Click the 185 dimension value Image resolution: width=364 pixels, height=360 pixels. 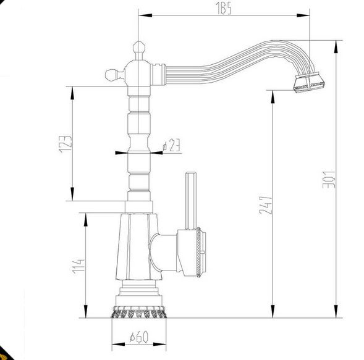(x=224, y=9)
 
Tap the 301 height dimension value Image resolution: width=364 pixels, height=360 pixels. (x=329, y=179)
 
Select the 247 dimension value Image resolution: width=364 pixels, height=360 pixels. (x=266, y=205)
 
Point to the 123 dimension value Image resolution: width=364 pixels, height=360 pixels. (x=66, y=144)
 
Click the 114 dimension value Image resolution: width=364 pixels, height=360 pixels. (x=78, y=266)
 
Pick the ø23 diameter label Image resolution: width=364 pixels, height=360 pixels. (x=172, y=145)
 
